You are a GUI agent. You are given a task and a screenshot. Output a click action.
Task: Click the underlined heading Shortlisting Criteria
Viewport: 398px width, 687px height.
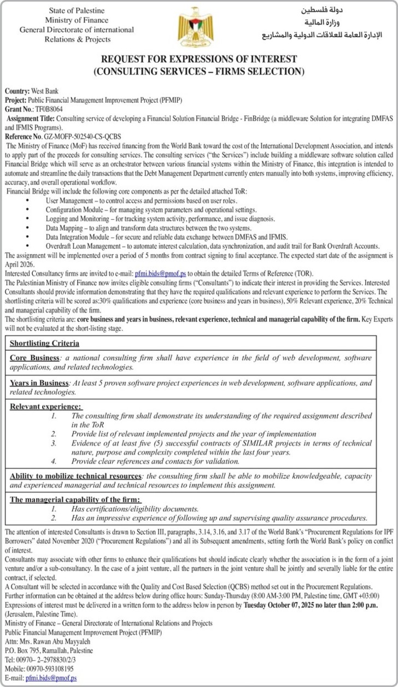(44, 343)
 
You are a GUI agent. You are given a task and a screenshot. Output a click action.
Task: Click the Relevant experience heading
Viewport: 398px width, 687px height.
(45, 407)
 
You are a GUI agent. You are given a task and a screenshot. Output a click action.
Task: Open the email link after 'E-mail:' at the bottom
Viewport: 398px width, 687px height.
(51, 678)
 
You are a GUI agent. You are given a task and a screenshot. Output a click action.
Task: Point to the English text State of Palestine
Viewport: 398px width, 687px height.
(77, 11)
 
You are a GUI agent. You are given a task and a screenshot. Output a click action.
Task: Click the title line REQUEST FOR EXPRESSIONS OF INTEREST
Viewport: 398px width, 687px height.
(199, 59)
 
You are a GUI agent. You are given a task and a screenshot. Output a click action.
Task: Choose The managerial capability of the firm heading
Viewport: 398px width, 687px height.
(75, 500)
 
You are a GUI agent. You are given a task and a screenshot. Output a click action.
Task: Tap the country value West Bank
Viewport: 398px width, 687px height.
(45, 91)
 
